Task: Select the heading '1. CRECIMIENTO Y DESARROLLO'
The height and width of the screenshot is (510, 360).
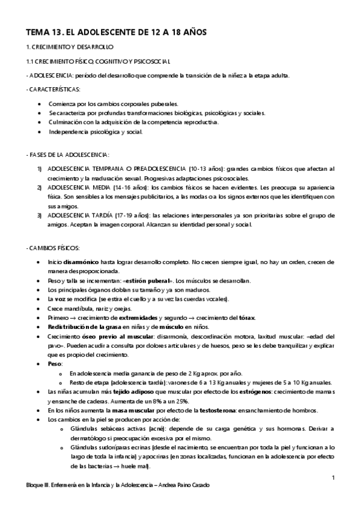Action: (x=69, y=47)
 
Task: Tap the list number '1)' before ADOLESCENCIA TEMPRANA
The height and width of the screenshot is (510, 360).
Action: (x=40, y=169)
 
